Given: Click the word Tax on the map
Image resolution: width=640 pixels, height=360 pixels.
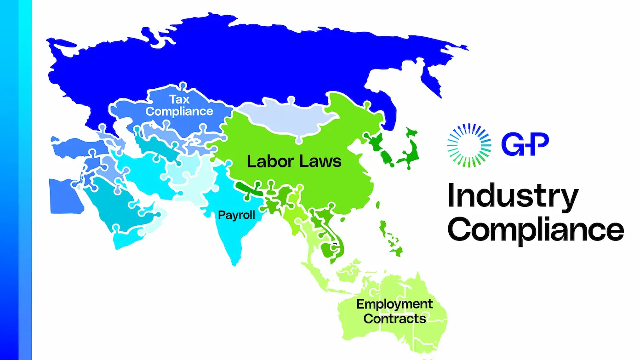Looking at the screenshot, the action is click(179, 99).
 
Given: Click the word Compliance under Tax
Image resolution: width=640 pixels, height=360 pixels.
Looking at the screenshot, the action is click(179, 111).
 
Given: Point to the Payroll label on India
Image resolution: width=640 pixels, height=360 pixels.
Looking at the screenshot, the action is click(236, 215).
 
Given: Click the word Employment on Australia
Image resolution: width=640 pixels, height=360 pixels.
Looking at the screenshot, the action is click(394, 304).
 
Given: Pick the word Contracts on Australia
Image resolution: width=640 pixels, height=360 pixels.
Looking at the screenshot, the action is click(394, 318).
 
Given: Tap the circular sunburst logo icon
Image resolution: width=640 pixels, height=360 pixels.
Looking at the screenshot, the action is click(466, 143).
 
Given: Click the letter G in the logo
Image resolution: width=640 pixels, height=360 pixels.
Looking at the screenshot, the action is click(513, 143).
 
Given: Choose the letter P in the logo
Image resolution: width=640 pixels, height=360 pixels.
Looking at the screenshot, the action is click(538, 143).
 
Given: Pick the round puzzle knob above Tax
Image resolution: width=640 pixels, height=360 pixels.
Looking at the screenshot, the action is click(183, 86).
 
